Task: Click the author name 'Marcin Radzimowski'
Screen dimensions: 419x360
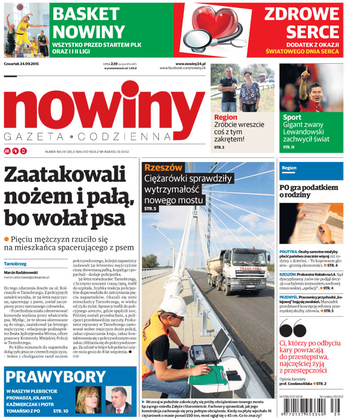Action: [x=23, y=272]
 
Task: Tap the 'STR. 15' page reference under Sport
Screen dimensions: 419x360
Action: [x=289, y=148]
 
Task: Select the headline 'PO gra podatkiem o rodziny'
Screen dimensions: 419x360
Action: [x=309, y=191]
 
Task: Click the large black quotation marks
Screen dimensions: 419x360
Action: [x=292, y=327]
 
